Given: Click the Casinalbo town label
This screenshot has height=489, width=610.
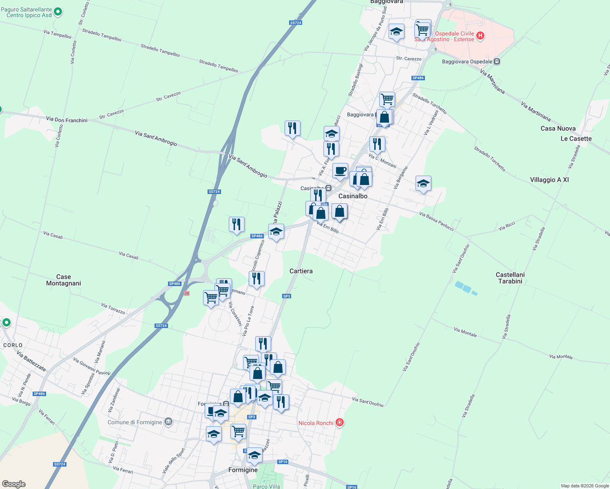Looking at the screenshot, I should coord(353,196).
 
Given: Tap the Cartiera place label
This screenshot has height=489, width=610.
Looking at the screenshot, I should coord(301,271).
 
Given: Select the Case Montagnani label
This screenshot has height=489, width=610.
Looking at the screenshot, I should coord(64,280).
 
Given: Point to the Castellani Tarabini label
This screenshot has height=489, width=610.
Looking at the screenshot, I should coord(510,278).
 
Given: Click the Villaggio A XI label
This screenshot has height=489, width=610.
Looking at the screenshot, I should coord(549,180).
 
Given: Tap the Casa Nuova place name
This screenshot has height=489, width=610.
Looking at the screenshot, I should coord(558,128).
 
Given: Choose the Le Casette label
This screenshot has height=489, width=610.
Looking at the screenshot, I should coord(576,139).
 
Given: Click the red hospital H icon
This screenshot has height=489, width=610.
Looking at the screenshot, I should coord(480,36).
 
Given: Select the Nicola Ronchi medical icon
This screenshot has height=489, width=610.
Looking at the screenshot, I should coord(339,423).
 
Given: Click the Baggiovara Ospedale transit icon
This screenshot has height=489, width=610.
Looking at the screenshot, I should coord(497,62).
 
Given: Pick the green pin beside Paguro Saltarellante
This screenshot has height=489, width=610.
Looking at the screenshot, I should coord(58,12).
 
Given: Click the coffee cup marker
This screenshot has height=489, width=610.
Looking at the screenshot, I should coord(340,171).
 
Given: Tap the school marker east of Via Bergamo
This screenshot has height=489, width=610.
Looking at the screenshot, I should coord(423,184).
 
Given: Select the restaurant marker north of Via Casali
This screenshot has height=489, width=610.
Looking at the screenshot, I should coord(236,224).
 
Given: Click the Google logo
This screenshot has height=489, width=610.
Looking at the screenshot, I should coord(14,484).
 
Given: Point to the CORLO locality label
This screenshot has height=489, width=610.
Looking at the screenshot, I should coord(13,345).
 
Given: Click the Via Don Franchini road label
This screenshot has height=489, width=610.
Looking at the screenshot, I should coord(67,120).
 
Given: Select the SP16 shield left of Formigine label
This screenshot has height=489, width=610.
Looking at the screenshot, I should coord(283,462).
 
